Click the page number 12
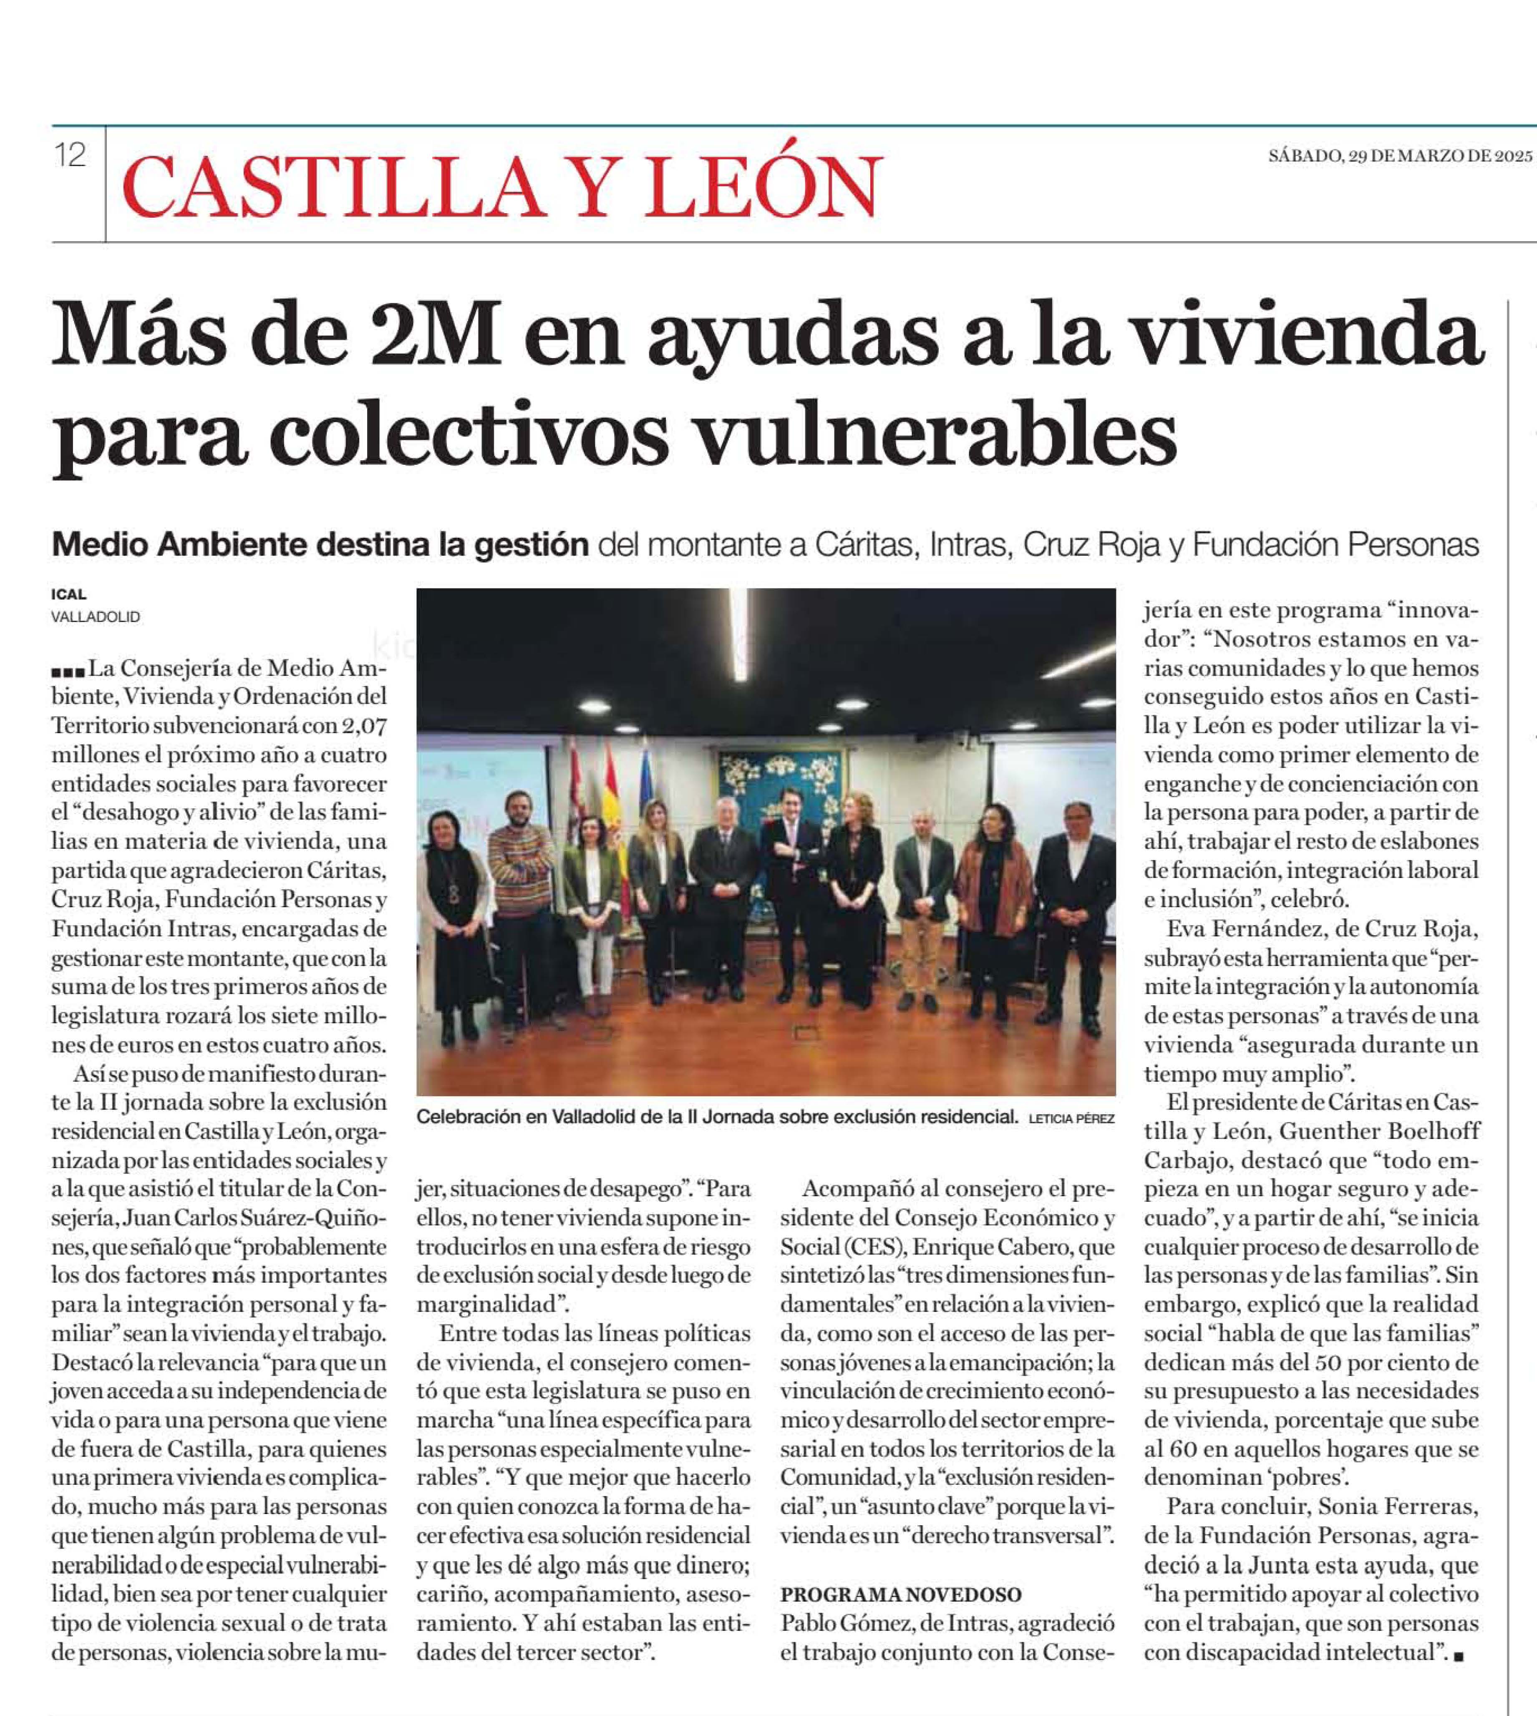coord(70,154)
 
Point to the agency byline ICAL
coord(68,595)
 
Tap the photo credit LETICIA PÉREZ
coord(1071,1119)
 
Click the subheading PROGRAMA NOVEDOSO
coord(900,1595)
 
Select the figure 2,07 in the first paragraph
coord(364,726)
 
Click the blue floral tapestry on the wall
coord(779,790)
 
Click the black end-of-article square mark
coord(1459,1656)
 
